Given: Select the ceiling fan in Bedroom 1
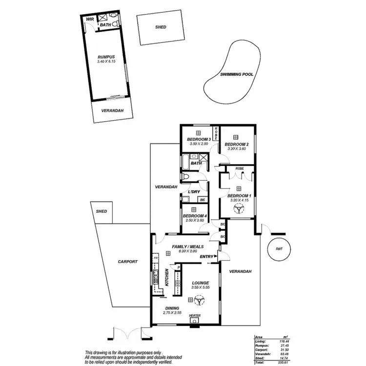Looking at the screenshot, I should (x=239, y=209).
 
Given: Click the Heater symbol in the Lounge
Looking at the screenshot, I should (x=198, y=321).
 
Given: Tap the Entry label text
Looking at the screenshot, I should (x=207, y=256).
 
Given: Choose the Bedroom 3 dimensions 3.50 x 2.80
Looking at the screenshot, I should (x=198, y=144).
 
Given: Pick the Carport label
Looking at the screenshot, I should (x=128, y=262).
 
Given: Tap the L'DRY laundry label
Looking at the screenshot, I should (x=194, y=192).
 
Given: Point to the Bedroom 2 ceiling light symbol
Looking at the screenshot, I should (x=236, y=137).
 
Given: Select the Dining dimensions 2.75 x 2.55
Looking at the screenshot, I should (x=172, y=312).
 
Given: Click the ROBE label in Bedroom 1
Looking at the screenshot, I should (x=239, y=168).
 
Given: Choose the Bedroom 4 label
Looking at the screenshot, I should (x=194, y=216).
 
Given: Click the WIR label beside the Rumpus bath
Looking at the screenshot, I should (x=90, y=19).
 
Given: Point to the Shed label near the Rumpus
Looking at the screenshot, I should (x=161, y=27).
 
